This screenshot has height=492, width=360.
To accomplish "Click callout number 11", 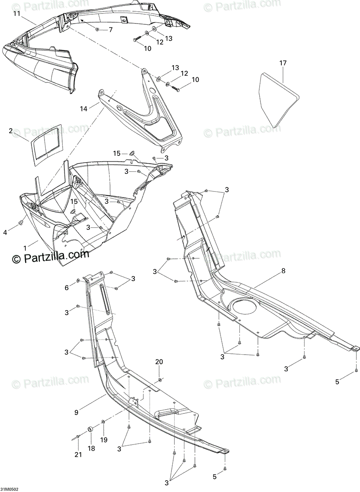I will click(x=16, y=13).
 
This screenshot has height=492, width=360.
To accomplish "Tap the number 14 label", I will click(x=84, y=108).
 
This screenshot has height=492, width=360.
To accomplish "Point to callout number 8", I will click(x=283, y=271).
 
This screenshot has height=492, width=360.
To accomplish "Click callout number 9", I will click(x=76, y=413).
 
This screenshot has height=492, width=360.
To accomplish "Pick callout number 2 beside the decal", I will click(x=11, y=131).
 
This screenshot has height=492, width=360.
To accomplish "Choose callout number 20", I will click(x=159, y=361).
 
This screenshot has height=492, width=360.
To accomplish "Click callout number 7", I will click(x=110, y=30).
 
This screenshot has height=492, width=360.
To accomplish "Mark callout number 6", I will click(x=66, y=287).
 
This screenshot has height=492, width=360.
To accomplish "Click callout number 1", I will click(x=25, y=247).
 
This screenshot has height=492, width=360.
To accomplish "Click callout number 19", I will click(x=103, y=439).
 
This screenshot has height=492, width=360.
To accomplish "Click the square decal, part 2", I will click(x=47, y=142).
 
